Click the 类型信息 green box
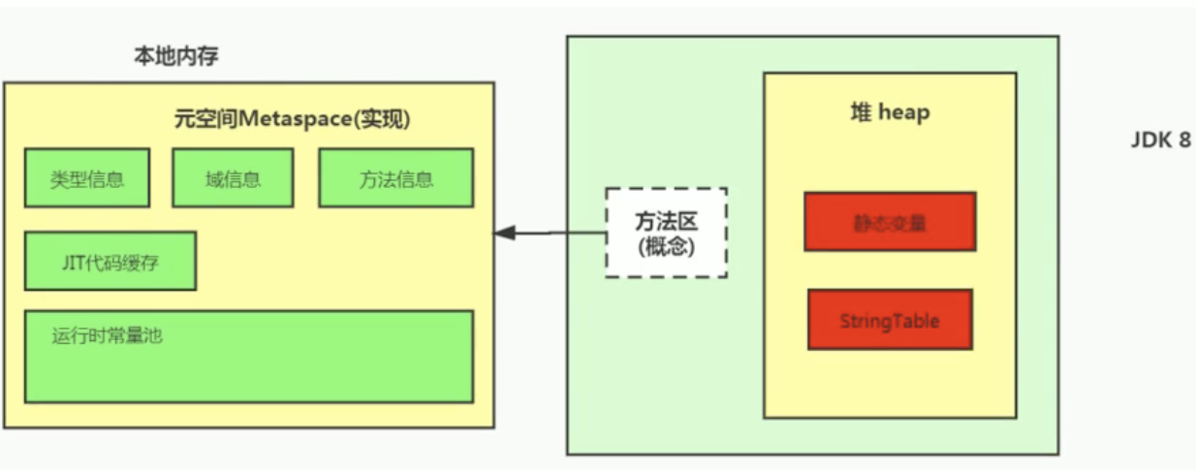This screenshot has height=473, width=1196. tap(87, 177)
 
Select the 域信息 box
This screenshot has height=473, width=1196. tap(233, 177)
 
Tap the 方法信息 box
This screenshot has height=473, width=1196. tap(395, 177)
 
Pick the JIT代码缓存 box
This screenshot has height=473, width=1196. tap(110, 260)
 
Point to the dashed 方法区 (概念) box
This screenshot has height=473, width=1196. tap(666, 233)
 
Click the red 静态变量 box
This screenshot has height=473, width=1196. tap(890, 221)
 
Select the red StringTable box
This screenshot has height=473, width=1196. tap(890, 320)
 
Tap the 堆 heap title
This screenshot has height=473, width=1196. tap(889, 112)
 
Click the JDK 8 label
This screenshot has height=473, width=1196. tap(1159, 140)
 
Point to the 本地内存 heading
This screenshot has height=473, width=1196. tap(175, 56)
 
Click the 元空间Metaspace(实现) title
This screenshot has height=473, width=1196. tap(292, 119)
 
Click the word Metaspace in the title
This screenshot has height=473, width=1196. tap(292, 119)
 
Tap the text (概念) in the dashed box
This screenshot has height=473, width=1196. tap(666, 246)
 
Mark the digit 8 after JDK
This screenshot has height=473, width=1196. tap(1183, 140)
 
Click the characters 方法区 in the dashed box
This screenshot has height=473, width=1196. tap(666, 221)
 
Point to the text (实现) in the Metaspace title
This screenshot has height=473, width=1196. tap(382, 119)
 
